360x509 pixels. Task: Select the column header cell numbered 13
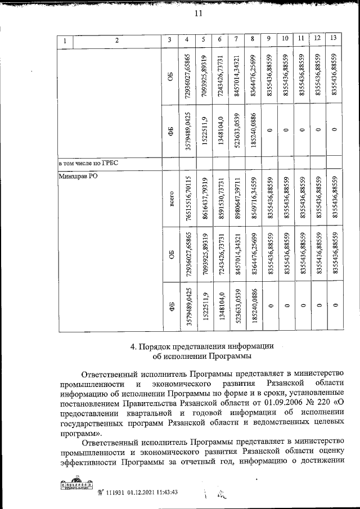334,39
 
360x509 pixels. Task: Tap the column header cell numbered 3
169,40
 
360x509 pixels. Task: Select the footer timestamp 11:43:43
164,492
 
